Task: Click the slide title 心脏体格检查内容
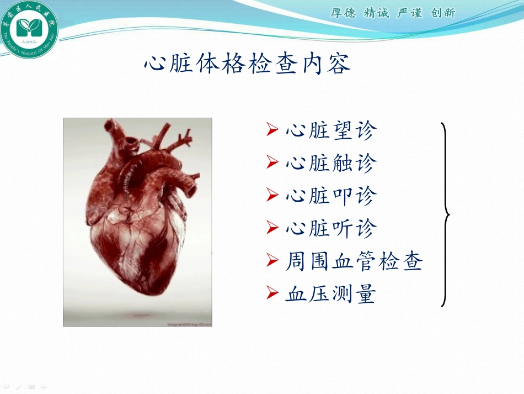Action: [x=247, y=65]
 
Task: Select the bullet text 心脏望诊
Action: [x=331, y=131]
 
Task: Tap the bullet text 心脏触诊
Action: [x=331, y=164]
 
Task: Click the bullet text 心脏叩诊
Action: [x=331, y=196]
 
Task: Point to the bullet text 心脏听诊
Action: [x=331, y=228]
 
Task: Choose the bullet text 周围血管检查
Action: [x=354, y=261]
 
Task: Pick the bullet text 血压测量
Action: [x=331, y=293]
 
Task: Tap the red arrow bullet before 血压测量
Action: [x=271, y=293]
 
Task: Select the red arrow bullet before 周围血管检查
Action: [x=271, y=260]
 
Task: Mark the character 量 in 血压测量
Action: [x=366, y=293]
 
